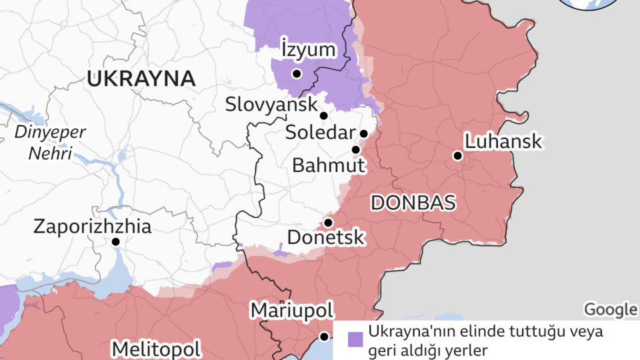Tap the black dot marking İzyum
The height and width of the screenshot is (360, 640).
pyautogui.click(x=297, y=73)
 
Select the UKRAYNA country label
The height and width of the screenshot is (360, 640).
pyautogui.click(x=141, y=79)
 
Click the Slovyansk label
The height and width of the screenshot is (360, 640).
pyautogui.click(x=271, y=105)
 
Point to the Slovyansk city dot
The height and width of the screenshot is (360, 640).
pyautogui.click(x=323, y=115)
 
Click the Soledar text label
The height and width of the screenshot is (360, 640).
pyautogui.click(x=320, y=133)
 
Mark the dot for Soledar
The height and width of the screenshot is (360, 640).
pyautogui.click(x=363, y=133)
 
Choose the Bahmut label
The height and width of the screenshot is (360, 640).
pyautogui.click(x=328, y=165)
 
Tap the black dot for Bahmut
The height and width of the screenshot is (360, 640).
pyautogui.click(x=356, y=149)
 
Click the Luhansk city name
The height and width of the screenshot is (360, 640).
pyautogui.click(x=503, y=141)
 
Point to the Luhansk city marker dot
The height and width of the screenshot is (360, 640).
pyautogui.click(x=457, y=155)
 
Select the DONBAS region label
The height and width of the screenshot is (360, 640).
pyautogui.click(x=413, y=203)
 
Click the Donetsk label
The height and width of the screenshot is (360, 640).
pyautogui.click(x=325, y=237)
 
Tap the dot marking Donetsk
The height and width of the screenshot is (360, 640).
pyautogui.click(x=328, y=222)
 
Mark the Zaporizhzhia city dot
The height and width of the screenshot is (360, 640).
pyautogui.click(x=116, y=241)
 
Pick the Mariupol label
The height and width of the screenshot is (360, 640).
pyautogui.click(x=291, y=311)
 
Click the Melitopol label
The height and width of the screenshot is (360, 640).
pyautogui.click(x=156, y=349)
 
